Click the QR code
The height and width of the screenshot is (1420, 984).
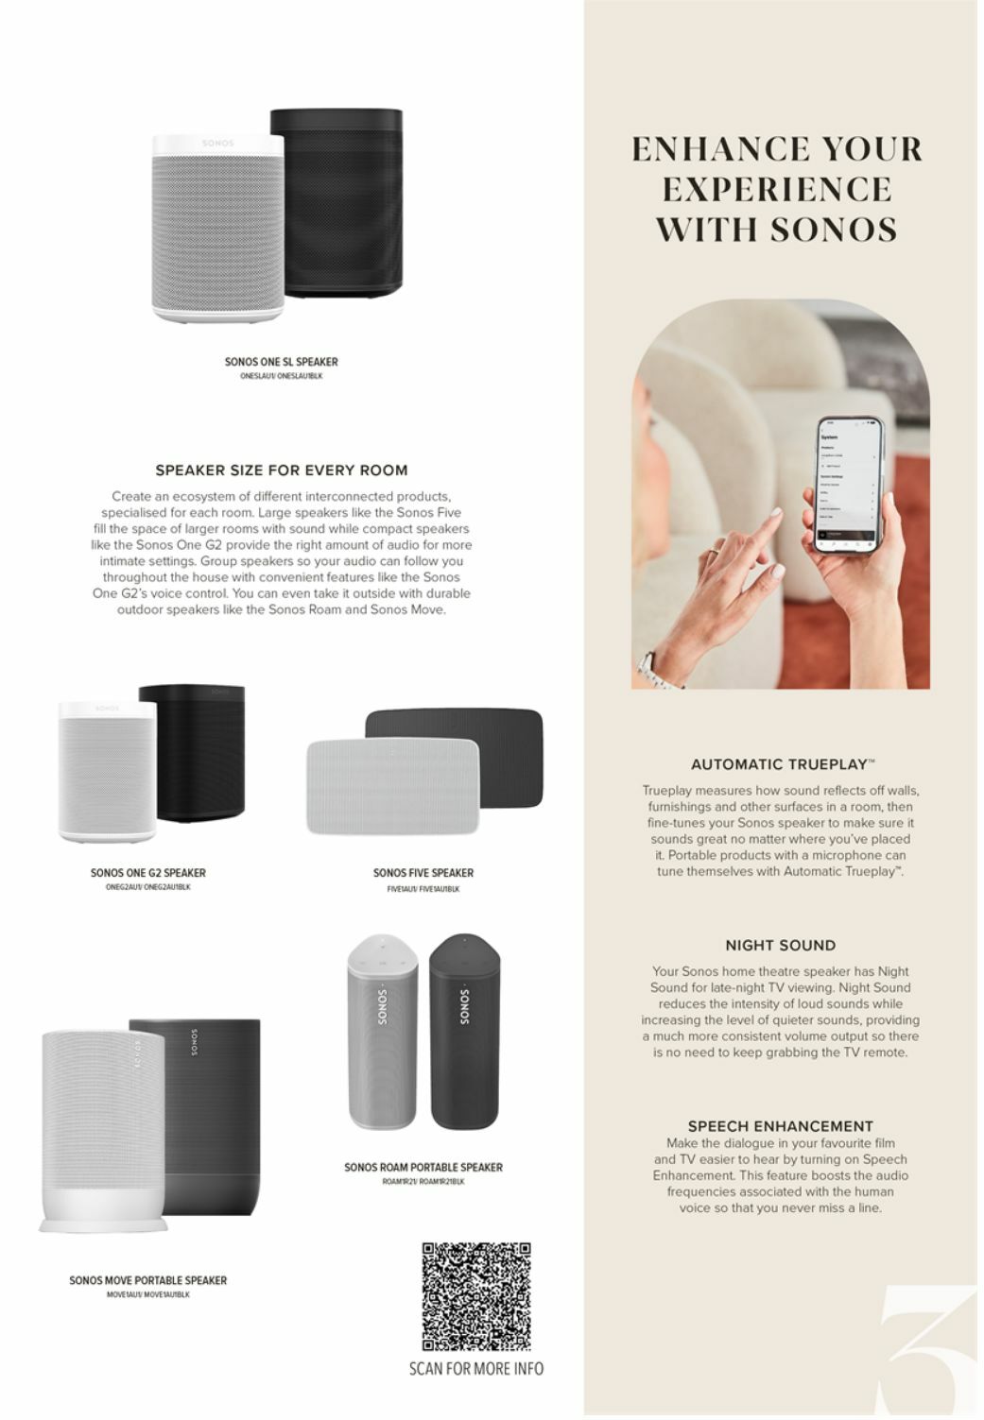point(475,1296)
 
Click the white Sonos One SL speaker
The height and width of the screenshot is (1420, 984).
point(217,227)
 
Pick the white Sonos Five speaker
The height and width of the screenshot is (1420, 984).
point(393,787)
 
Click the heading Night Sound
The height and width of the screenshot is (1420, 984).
point(780,945)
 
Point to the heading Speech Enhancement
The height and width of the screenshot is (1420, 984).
point(780,1125)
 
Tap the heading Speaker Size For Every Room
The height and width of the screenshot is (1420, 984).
point(281,470)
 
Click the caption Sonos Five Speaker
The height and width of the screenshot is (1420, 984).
point(423,873)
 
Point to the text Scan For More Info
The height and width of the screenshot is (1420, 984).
point(475,1368)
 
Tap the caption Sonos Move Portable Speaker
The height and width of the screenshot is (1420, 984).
point(147,1280)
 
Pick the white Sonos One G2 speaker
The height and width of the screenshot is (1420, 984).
point(106,770)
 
